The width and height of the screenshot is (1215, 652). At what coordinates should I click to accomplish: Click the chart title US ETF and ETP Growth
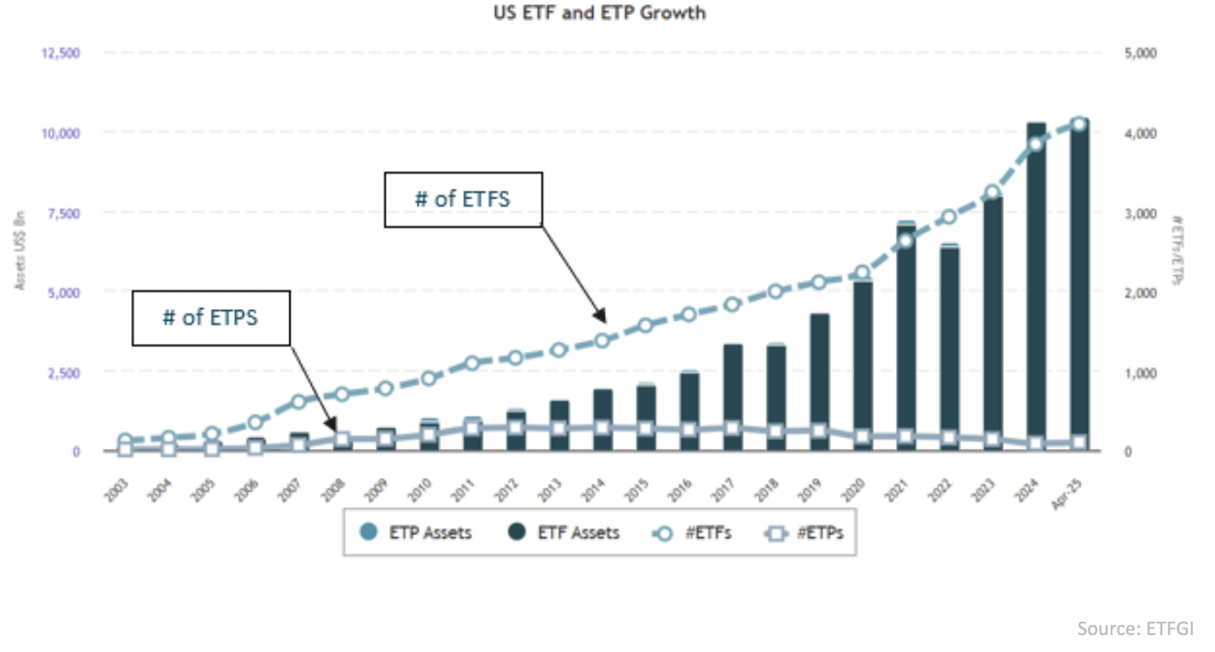click(599, 13)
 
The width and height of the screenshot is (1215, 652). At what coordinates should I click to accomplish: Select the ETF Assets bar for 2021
click(905, 338)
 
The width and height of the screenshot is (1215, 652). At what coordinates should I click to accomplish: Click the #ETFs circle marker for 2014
click(602, 340)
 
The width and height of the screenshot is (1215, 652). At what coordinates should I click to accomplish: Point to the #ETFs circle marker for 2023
click(992, 192)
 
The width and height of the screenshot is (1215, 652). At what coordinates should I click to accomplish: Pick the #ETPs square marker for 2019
click(819, 431)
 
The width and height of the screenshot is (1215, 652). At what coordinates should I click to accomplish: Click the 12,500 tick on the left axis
click(61, 53)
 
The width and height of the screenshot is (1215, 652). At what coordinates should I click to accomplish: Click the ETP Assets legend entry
click(418, 533)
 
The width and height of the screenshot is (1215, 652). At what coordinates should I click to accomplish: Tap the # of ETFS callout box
click(462, 199)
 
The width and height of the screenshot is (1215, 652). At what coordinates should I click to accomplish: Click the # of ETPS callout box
click(211, 316)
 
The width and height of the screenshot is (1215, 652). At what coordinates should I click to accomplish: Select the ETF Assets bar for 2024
click(1036, 285)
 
